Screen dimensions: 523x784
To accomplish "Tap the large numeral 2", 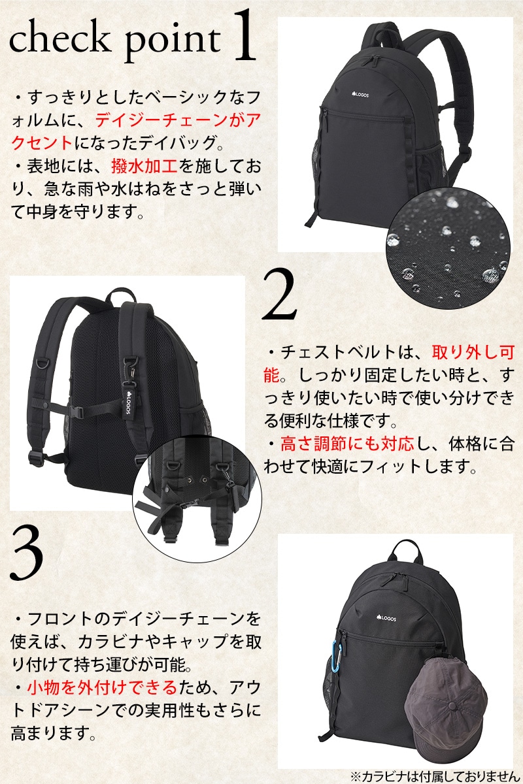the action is click(280, 295).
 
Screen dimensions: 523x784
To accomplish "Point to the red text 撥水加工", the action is click(144, 167).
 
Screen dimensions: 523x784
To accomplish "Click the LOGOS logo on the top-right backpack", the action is click(360, 95).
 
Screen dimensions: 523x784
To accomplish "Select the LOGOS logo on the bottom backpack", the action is click(386, 618).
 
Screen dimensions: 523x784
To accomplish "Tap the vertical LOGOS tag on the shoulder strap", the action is click(129, 399).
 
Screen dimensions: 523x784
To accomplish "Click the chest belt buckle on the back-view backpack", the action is click(78, 412).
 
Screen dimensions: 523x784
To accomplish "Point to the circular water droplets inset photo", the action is click(448, 250).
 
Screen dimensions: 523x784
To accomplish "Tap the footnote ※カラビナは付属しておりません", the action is click(433, 776).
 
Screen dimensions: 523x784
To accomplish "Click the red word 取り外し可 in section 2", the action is click(473, 352).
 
